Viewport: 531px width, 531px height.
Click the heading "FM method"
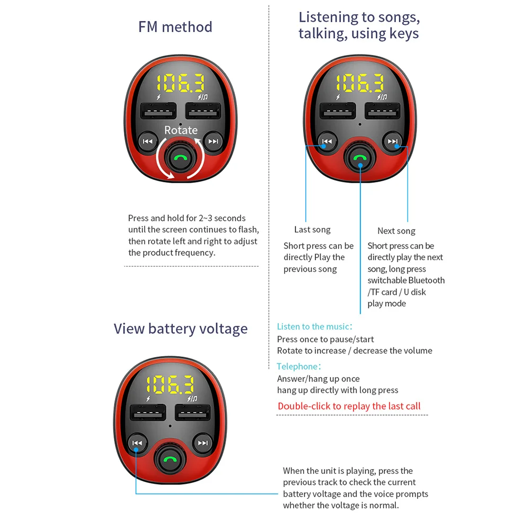point(175,27)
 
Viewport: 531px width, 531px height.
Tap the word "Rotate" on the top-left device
point(181,130)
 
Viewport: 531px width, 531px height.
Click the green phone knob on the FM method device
point(181,158)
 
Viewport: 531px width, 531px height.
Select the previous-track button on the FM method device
point(147,141)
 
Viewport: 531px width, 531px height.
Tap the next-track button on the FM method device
point(213,141)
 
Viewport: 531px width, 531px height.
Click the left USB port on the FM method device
point(158,112)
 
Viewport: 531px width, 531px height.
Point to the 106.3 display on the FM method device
point(181,84)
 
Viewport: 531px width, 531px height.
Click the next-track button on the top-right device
point(393,141)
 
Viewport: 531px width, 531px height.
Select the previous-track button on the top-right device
point(327,141)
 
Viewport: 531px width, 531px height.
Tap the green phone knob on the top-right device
point(360,158)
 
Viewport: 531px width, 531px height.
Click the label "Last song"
point(312,229)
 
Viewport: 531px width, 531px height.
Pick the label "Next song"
point(396,231)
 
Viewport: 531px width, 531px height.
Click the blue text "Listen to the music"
point(313,326)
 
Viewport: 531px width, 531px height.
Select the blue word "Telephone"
point(297,366)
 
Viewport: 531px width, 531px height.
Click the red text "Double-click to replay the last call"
point(349,406)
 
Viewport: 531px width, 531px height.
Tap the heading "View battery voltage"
point(180,329)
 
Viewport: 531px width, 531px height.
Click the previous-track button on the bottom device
point(137,443)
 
